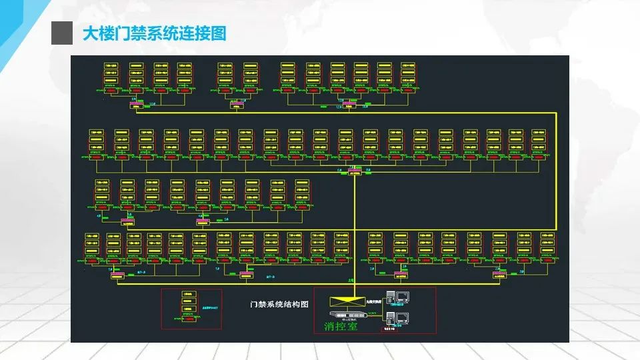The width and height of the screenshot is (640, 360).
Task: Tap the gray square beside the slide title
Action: [x=61, y=33]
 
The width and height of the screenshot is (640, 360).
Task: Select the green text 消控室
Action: [x=341, y=327]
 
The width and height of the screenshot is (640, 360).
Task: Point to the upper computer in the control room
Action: [x=400, y=298]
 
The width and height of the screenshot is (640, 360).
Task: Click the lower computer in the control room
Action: [x=400, y=316]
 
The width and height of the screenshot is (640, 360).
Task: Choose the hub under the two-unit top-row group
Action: [x=237, y=105]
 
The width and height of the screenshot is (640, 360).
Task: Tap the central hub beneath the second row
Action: [x=354, y=171]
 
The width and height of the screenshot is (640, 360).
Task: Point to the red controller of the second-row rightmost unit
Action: [x=541, y=159]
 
